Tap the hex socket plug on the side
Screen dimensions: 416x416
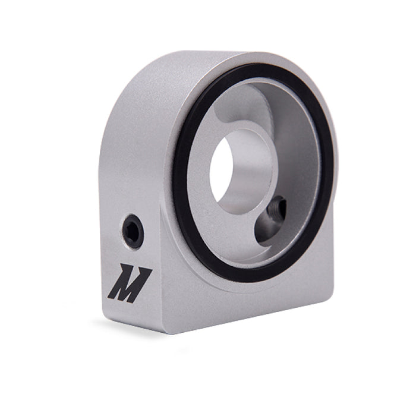pos(133,231)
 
